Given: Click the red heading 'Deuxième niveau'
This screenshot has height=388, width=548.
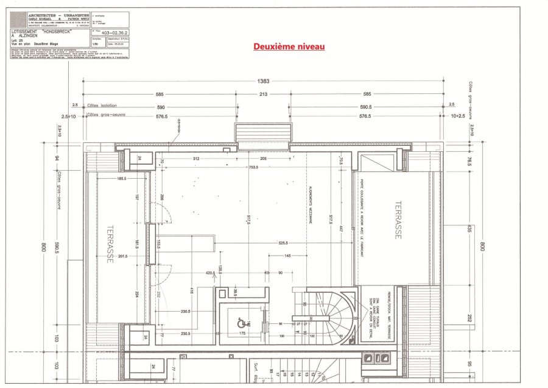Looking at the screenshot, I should [x=289, y=46].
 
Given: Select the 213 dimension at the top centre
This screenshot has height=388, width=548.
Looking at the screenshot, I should [x=264, y=95].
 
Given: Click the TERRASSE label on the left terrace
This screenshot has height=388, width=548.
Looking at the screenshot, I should [x=111, y=243].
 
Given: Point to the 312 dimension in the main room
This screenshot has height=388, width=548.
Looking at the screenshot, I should [x=196, y=159].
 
